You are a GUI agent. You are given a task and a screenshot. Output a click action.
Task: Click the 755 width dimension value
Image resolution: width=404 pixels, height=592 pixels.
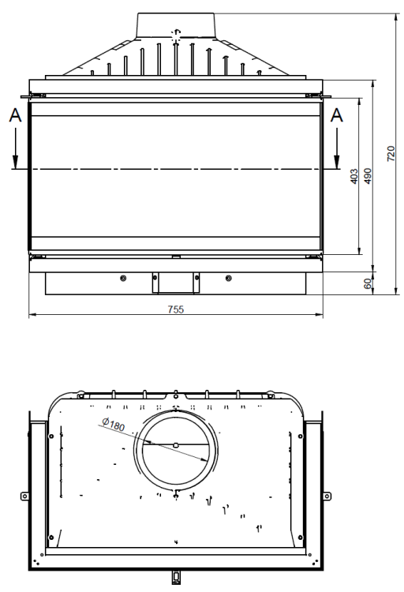click(175, 309)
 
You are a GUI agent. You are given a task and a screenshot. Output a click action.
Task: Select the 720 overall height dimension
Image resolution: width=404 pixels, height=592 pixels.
click(391, 153)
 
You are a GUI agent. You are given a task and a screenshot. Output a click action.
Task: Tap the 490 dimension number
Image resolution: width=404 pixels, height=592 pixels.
click(368, 175)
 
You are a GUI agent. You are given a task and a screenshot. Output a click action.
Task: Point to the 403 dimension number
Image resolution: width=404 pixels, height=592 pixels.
click(354, 175)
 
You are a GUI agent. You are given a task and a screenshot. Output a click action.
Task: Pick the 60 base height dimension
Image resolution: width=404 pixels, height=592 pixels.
click(368, 283)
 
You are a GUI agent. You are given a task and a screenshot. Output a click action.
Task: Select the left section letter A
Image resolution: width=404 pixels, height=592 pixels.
click(14, 115)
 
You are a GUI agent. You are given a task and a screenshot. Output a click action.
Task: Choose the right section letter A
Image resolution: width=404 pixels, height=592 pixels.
click(337, 115)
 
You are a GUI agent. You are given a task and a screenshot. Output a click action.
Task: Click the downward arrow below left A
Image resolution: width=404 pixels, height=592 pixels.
click(14, 160)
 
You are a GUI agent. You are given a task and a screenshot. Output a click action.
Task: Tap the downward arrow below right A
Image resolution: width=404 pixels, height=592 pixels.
click(337, 160)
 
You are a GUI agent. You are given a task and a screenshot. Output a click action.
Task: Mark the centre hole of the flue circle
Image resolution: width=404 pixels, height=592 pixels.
click(175, 445)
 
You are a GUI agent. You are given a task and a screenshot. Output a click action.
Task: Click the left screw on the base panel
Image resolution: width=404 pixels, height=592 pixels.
click(122, 278)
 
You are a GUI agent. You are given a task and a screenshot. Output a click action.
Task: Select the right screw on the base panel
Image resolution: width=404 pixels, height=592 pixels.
click(228, 278)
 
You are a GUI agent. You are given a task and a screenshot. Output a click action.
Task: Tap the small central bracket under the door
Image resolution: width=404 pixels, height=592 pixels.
click(175, 280)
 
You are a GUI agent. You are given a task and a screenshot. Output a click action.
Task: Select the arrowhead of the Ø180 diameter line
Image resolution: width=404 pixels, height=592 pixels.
click(206, 460)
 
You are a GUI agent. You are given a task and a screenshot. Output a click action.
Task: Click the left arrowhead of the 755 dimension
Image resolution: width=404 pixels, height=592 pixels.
click(32, 316)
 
